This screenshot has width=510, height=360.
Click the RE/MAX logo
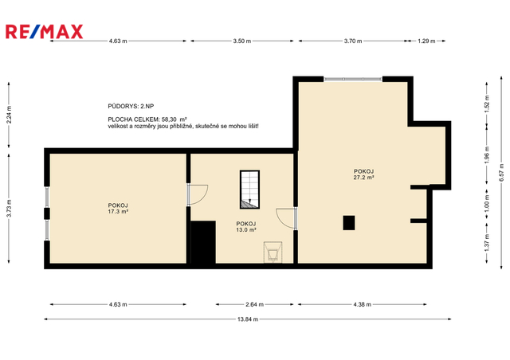pyautogui.click(x=45, y=32)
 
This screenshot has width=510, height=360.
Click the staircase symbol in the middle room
pyautogui.click(x=249, y=190)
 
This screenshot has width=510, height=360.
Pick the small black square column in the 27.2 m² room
pyautogui.click(x=349, y=223)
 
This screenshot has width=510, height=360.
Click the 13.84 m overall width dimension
pyautogui.click(x=248, y=319)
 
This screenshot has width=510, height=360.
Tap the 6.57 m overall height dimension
pyautogui.click(x=501, y=173)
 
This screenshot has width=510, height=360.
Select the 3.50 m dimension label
pyautogui.click(x=242, y=41)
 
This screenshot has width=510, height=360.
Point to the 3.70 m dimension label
pyautogui.click(x=353, y=41)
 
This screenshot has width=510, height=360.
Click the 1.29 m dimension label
pyautogui.click(x=426, y=41)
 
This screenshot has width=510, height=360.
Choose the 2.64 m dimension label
pyautogui.click(x=254, y=304)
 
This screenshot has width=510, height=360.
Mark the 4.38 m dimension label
pyautogui.click(x=362, y=304)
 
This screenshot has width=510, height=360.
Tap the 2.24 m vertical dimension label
pyautogui.click(x=9, y=115)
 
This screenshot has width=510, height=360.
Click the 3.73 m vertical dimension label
pyautogui.click(x=9, y=208)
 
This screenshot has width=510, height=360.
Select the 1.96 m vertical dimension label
pyautogui.click(x=487, y=155)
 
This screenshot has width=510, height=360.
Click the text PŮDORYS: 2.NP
pyautogui.click(x=131, y=106)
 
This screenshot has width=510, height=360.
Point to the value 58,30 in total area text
pyautogui.click(x=169, y=119)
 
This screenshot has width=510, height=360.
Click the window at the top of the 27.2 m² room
pyautogui.click(x=353, y=79)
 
